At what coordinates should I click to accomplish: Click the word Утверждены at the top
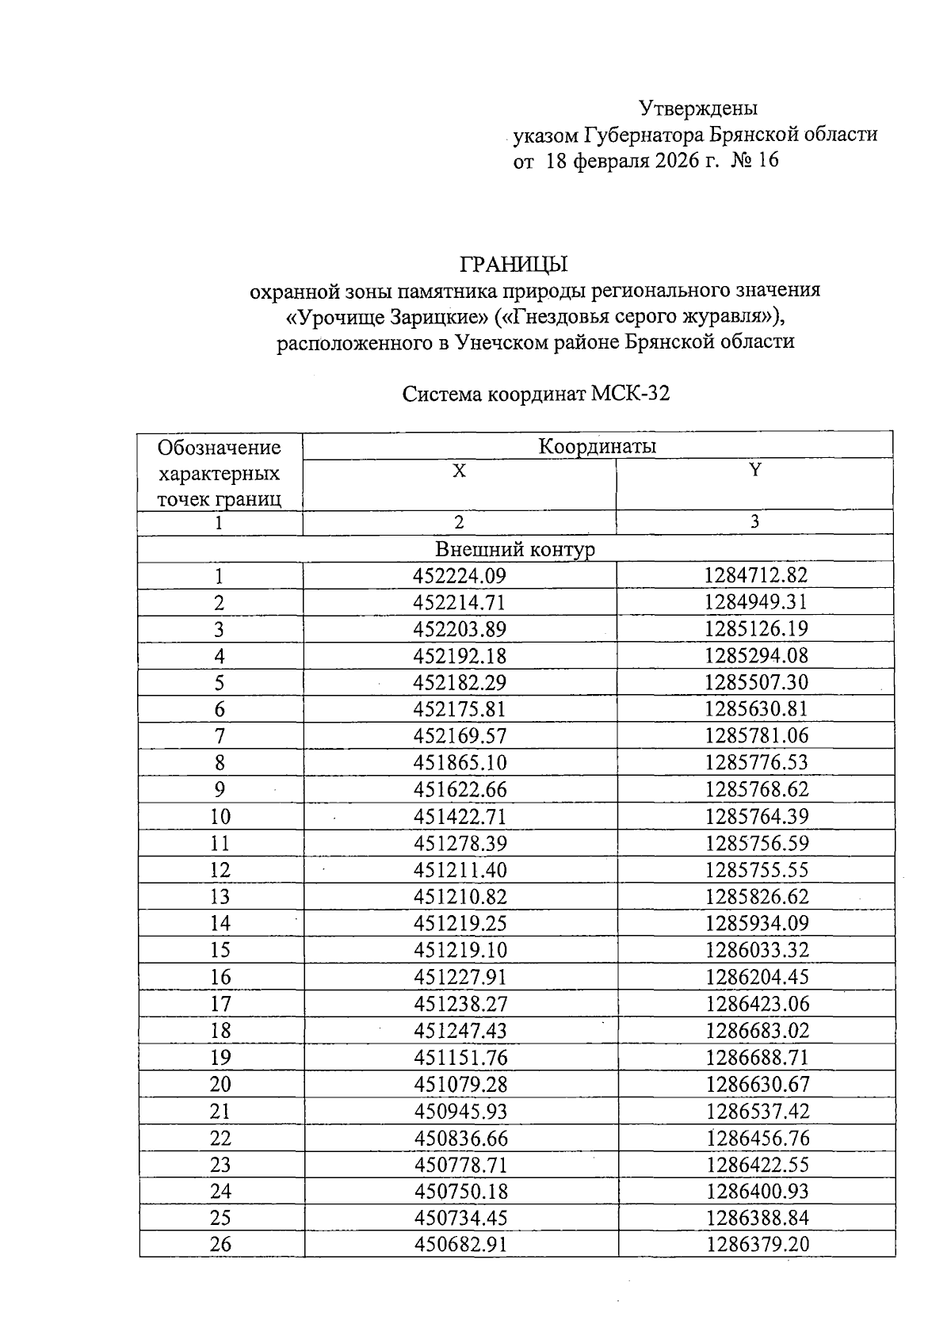[698, 107]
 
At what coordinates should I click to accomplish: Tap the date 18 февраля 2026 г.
[629, 161]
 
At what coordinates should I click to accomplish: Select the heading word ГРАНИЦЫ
[514, 264]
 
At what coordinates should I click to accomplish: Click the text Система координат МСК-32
[536, 394]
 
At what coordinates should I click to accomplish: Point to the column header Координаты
[598, 446]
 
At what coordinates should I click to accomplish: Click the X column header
[459, 471]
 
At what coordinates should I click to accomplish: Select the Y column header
[755, 470]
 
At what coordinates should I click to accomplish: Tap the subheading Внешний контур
[515, 549]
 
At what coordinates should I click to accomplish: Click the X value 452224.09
[460, 576]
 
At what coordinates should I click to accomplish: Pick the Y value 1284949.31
[756, 602]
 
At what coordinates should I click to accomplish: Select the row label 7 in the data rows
[220, 736]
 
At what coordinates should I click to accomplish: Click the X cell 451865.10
[460, 762]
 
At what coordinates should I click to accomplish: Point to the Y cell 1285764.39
[757, 816]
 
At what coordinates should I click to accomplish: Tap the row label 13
[220, 897]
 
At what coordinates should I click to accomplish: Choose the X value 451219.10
[460, 950]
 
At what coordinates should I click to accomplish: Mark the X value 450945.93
[460, 1111]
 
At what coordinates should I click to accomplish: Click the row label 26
[220, 1244]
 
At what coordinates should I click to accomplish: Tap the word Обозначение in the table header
[220, 448]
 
